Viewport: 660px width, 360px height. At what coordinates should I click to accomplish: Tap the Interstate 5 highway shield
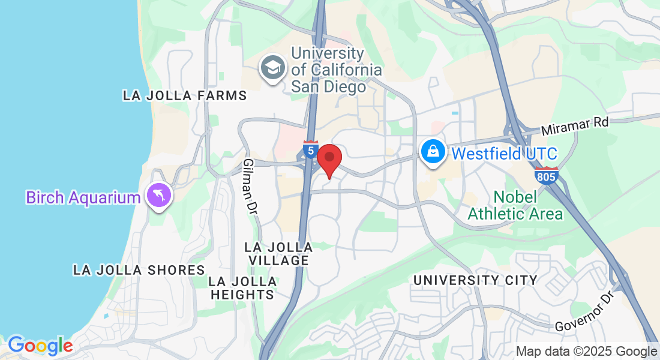pyautogui.click(x=310, y=149)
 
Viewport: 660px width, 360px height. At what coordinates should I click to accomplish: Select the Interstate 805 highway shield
pyautogui.click(x=546, y=175)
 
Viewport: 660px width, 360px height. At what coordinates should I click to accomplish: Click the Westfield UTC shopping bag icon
pyautogui.click(x=433, y=152)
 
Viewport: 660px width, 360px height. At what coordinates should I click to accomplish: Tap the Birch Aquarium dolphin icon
pyautogui.click(x=159, y=196)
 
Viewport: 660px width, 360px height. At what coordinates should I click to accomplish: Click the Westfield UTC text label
pyautogui.click(x=504, y=153)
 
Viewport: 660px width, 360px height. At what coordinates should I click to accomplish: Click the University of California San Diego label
pyautogui.click(x=336, y=70)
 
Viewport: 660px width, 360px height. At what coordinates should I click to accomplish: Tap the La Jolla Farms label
pyautogui.click(x=185, y=95)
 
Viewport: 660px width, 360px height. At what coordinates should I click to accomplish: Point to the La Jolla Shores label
pyautogui.click(x=139, y=270)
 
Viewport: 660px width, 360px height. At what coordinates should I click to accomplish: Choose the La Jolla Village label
pyautogui.click(x=279, y=254)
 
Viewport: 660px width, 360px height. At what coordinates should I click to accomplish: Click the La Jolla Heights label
pyautogui.click(x=243, y=288)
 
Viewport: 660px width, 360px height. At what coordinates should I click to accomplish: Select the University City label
pyautogui.click(x=475, y=280)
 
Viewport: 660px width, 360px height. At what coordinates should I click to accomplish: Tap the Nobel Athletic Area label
pyautogui.click(x=515, y=205)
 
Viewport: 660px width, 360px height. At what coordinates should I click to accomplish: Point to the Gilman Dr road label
pyautogui.click(x=251, y=187)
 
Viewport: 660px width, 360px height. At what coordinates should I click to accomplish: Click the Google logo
pyautogui.click(x=40, y=346)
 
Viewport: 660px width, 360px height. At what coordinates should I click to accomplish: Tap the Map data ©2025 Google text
pyautogui.click(x=586, y=351)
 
